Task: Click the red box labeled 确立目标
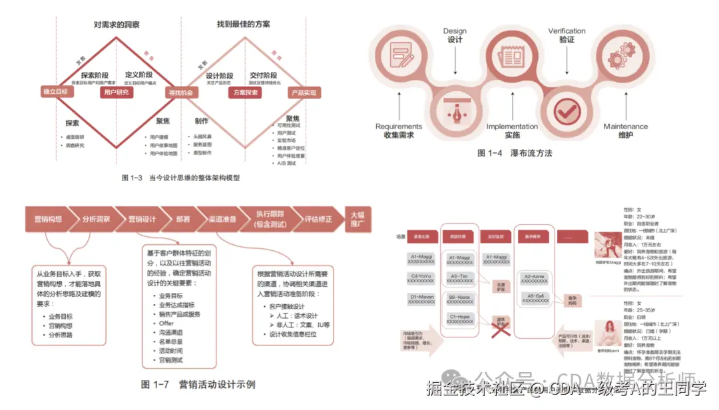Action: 56,92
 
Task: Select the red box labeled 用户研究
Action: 117,93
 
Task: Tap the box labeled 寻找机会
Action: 180,93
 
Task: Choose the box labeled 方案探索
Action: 245,93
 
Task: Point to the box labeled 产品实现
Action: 304,93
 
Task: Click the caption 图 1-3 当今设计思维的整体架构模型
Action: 180,178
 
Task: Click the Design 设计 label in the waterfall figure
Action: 455,35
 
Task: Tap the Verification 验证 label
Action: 567,35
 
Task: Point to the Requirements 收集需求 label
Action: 399,130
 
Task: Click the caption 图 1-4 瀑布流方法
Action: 515,153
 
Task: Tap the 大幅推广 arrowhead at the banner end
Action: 358,219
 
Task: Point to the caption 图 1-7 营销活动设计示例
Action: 198,385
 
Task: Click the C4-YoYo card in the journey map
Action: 424,278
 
